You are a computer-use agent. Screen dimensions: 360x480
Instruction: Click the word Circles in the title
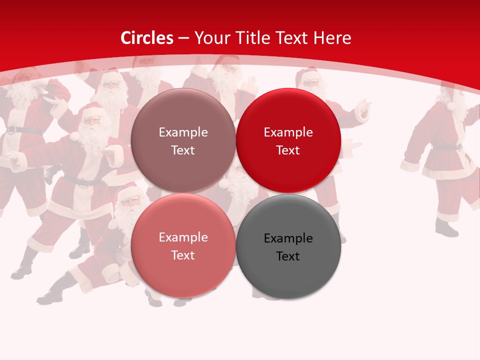(x=147, y=38)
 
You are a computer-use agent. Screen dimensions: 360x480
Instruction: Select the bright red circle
(x=288, y=140)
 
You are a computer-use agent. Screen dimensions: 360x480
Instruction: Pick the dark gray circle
(x=288, y=246)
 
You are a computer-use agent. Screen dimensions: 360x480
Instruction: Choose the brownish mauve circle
(x=183, y=140)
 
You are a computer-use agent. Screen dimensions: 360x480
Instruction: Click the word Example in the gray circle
(x=288, y=238)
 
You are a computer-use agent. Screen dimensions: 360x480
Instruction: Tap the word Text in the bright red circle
(x=288, y=150)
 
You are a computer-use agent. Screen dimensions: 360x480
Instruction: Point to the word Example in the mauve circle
(x=183, y=132)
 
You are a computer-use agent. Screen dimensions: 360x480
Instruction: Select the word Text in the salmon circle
(x=183, y=255)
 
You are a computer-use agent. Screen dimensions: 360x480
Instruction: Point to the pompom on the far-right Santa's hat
(x=450, y=106)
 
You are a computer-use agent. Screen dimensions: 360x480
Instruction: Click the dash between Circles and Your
(x=183, y=38)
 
